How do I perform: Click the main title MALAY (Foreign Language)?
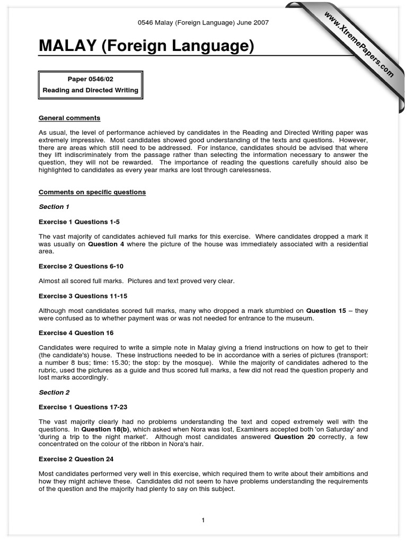(146, 47)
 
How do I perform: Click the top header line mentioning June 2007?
(203, 22)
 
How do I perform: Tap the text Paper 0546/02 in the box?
(90, 80)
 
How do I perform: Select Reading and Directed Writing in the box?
(90, 90)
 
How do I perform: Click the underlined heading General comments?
(69, 118)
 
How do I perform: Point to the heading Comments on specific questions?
(92, 192)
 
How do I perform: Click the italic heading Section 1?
(54, 207)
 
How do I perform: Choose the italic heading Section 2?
(54, 392)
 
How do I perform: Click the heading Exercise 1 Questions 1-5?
(83, 222)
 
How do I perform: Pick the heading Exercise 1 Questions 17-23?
(87, 407)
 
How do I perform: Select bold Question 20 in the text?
(296, 437)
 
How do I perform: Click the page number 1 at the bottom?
(203, 520)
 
